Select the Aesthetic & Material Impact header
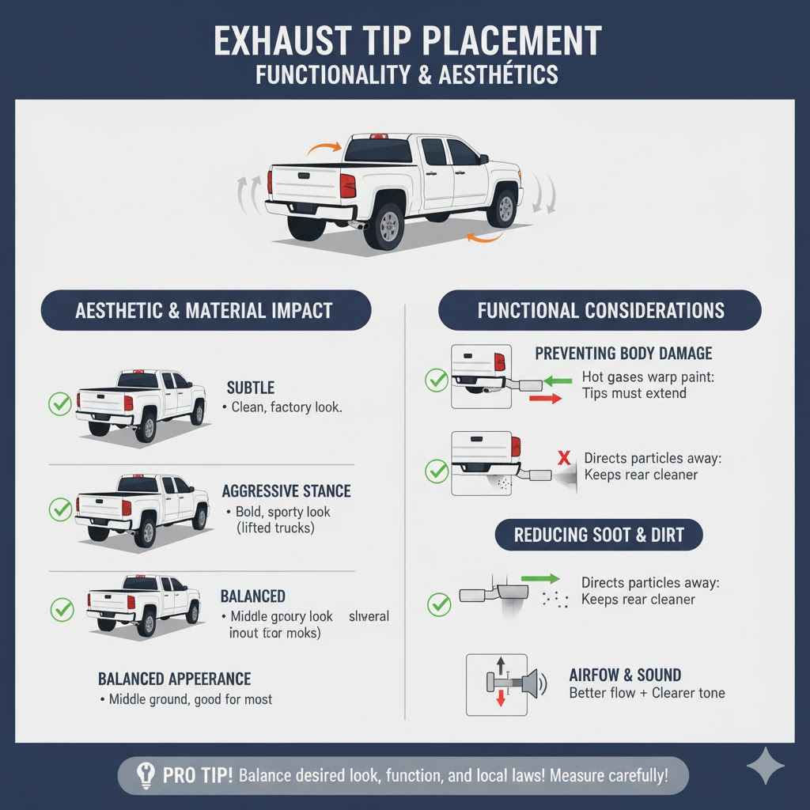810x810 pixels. [x=204, y=310]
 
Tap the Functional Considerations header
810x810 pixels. [x=600, y=310]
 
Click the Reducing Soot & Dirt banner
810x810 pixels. [x=600, y=536]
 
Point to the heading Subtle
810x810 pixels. [x=251, y=388]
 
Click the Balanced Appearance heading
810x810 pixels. [x=174, y=679]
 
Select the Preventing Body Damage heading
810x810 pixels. [x=623, y=354]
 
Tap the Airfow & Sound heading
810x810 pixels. [x=625, y=675]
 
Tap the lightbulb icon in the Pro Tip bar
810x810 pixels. [x=144, y=775]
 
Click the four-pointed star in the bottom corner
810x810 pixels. [x=765, y=766]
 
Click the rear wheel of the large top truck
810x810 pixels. [x=388, y=226]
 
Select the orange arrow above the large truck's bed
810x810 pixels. [x=324, y=146]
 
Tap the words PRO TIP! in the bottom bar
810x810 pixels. [x=198, y=775]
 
